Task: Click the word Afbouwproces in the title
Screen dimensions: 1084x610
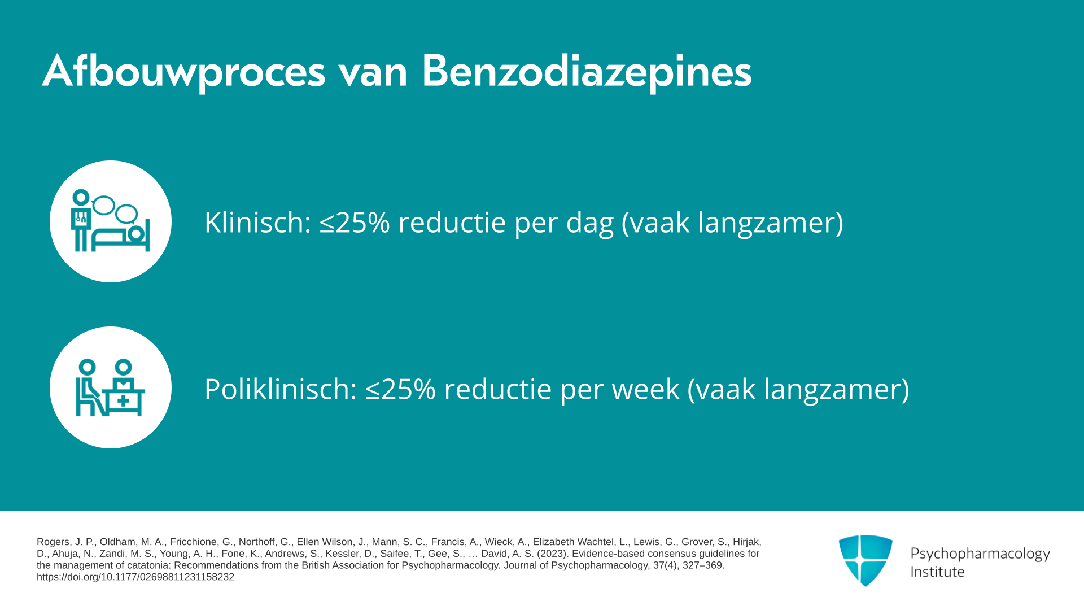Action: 184,72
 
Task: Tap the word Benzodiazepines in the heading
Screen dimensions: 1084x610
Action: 587,72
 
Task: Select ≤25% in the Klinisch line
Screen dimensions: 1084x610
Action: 355,222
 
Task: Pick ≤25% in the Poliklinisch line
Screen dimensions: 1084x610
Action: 400,389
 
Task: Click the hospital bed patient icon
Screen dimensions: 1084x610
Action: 111,221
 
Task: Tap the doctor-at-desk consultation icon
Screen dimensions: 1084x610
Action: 111,387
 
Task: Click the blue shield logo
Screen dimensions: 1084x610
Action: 866,560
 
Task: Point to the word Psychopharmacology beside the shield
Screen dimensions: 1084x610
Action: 980,554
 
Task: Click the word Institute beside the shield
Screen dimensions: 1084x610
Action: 937,572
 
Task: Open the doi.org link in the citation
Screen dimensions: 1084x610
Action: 135,577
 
